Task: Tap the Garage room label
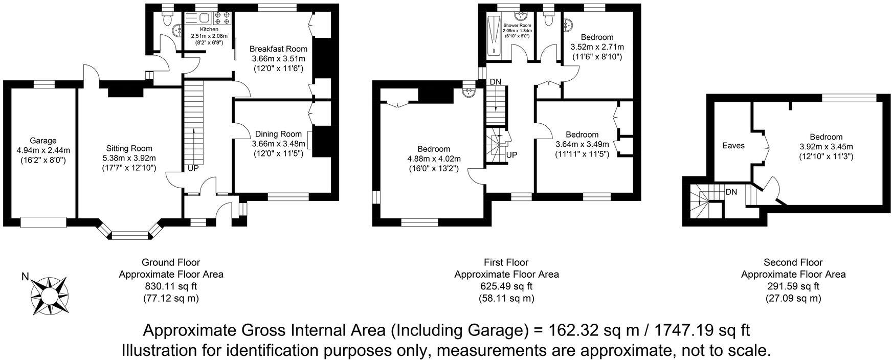(43, 141)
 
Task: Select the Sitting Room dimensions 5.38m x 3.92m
(129, 158)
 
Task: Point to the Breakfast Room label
(278, 49)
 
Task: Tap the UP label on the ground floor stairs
(193, 168)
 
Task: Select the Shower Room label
(517, 25)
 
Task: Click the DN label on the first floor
(495, 82)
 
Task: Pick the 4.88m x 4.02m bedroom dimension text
(434, 159)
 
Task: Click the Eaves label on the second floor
(733, 146)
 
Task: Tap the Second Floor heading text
(793, 262)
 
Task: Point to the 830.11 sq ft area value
(171, 286)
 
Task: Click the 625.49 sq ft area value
(506, 286)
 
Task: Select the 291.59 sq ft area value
(793, 286)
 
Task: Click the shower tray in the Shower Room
(494, 36)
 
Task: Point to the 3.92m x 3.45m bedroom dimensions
(826, 147)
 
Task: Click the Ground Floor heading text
(171, 262)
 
